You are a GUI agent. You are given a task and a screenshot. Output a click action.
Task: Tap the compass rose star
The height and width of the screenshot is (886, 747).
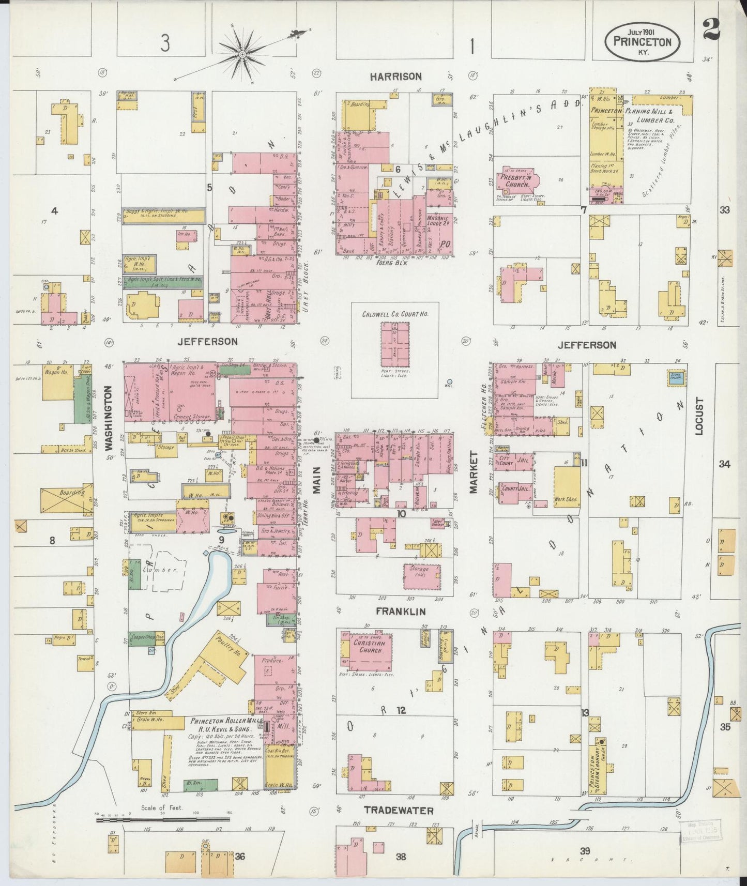click(242, 54)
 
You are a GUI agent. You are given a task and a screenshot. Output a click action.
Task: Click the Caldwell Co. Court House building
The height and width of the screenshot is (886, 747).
click(395, 342)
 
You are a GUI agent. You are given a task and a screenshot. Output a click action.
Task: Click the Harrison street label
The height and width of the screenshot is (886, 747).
click(395, 77)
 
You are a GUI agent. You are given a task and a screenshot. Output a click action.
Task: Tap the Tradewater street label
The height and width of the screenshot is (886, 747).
click(398, 810)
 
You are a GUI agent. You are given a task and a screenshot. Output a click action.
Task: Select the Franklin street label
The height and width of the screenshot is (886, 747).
click(401, 612)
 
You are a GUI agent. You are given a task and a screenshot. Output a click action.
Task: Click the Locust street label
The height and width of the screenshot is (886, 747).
click(699, 416)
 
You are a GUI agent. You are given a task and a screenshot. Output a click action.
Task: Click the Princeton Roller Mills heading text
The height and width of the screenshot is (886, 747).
click(226, 722)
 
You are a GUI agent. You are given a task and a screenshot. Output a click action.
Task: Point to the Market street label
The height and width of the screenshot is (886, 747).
click(473, 472)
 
